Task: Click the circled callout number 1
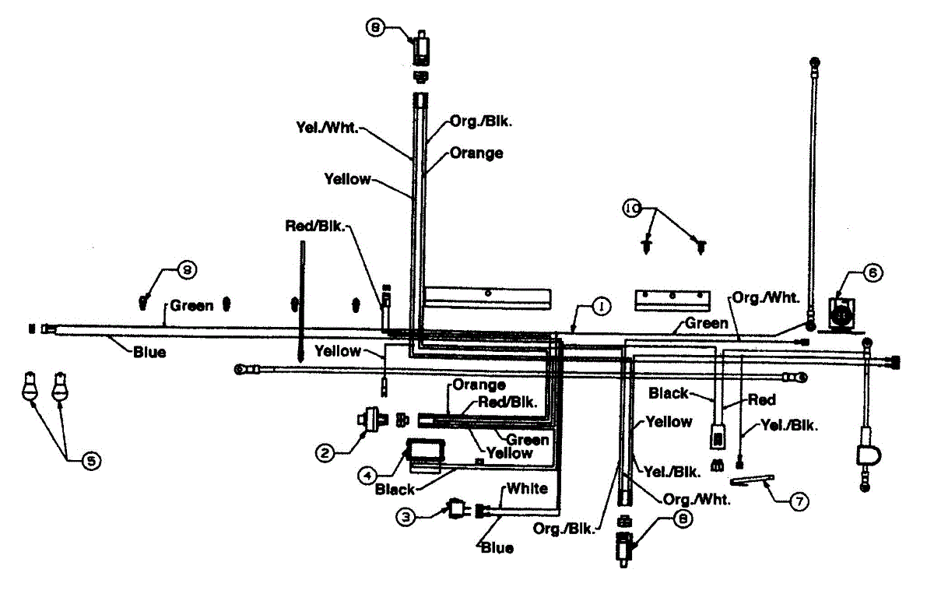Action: (x=600, y=308)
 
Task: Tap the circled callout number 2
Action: (x=325, y=451)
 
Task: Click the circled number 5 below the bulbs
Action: (x=90, y=461)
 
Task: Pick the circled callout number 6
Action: (x=873, y=273)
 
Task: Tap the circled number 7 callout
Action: (x=797, y=502)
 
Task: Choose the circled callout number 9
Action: (x=187, y=270)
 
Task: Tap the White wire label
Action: (x=527, y=489)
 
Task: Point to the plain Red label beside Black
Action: (x=761, y=399)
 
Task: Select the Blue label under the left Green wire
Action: (x=148, y=352)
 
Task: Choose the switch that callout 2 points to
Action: (x=371, y=419)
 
